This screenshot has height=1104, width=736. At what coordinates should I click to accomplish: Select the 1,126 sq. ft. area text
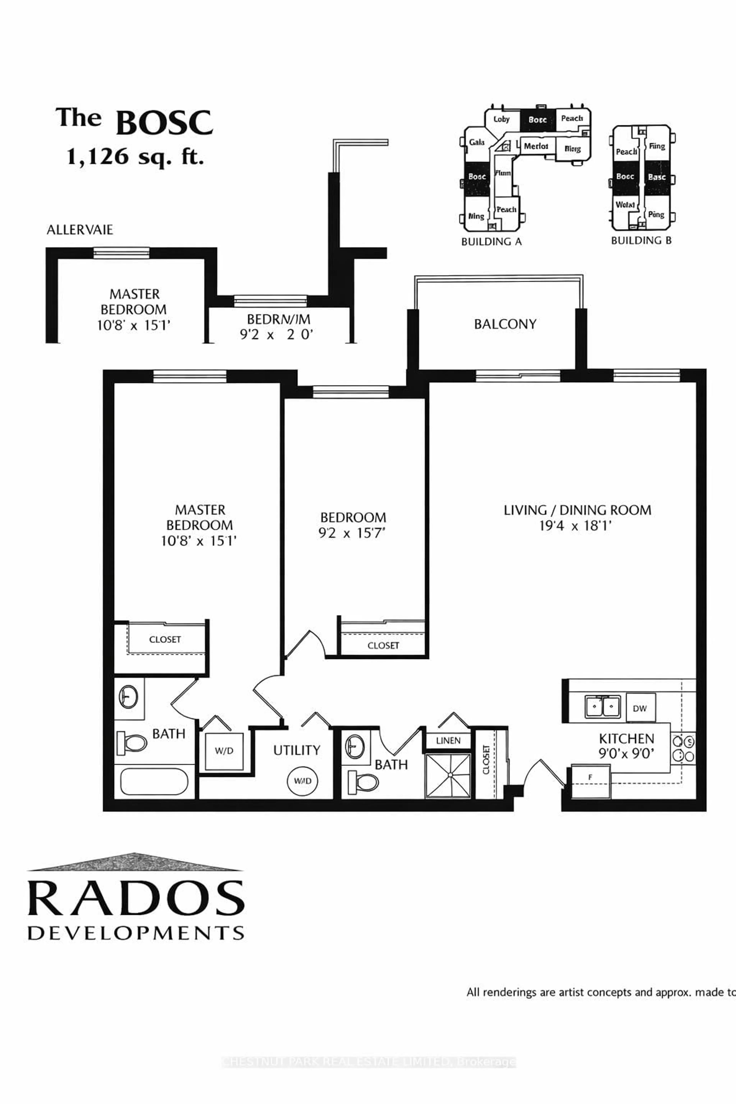(x=135, y=156)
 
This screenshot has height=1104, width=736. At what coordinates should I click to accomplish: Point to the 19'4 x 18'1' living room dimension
(x=576, y=526)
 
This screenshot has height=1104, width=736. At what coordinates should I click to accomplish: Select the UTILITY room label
(x=297, y=750)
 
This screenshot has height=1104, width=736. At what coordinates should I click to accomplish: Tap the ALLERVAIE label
(x=80, y=230)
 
